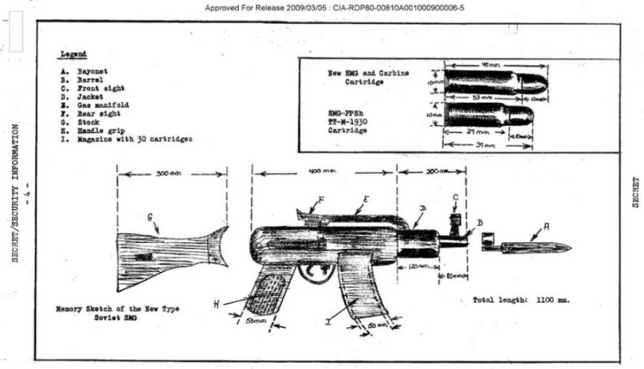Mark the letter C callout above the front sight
pos(455,197)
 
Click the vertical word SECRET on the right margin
pos(635,193)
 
